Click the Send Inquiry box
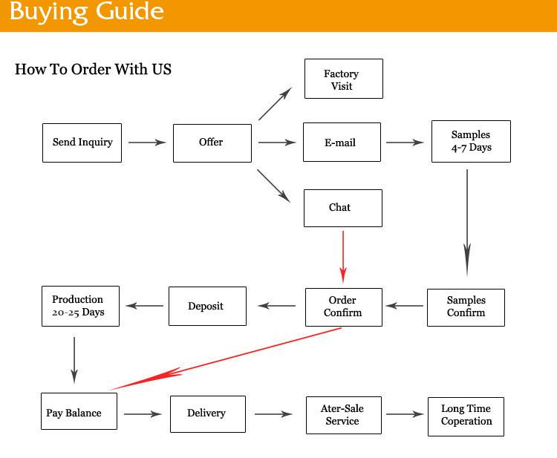[x=82, y=143]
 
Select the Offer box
[x=212, y=143]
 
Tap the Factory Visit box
[x=343, y=79]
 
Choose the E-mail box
[x=342, y=143]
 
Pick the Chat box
[x=342, y=208]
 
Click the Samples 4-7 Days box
[x=471, y=141]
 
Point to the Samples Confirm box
[x=466, y=307]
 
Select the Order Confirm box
[x=343, y=307]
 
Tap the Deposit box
[x=206, y=307]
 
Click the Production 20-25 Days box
[x=78, y=307]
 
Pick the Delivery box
[x=207, y=413]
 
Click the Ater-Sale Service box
[x=343, y=415]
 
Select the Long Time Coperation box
[x=466, y=416]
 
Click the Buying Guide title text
[x=86, y=13]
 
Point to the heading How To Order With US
[x=93, y=70]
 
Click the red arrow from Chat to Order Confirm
[x=343, y=256]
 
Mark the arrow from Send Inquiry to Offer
[x=147, y=142]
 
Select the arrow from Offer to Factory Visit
[x=275, y=104]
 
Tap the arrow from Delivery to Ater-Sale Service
[x=273, y=414]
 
